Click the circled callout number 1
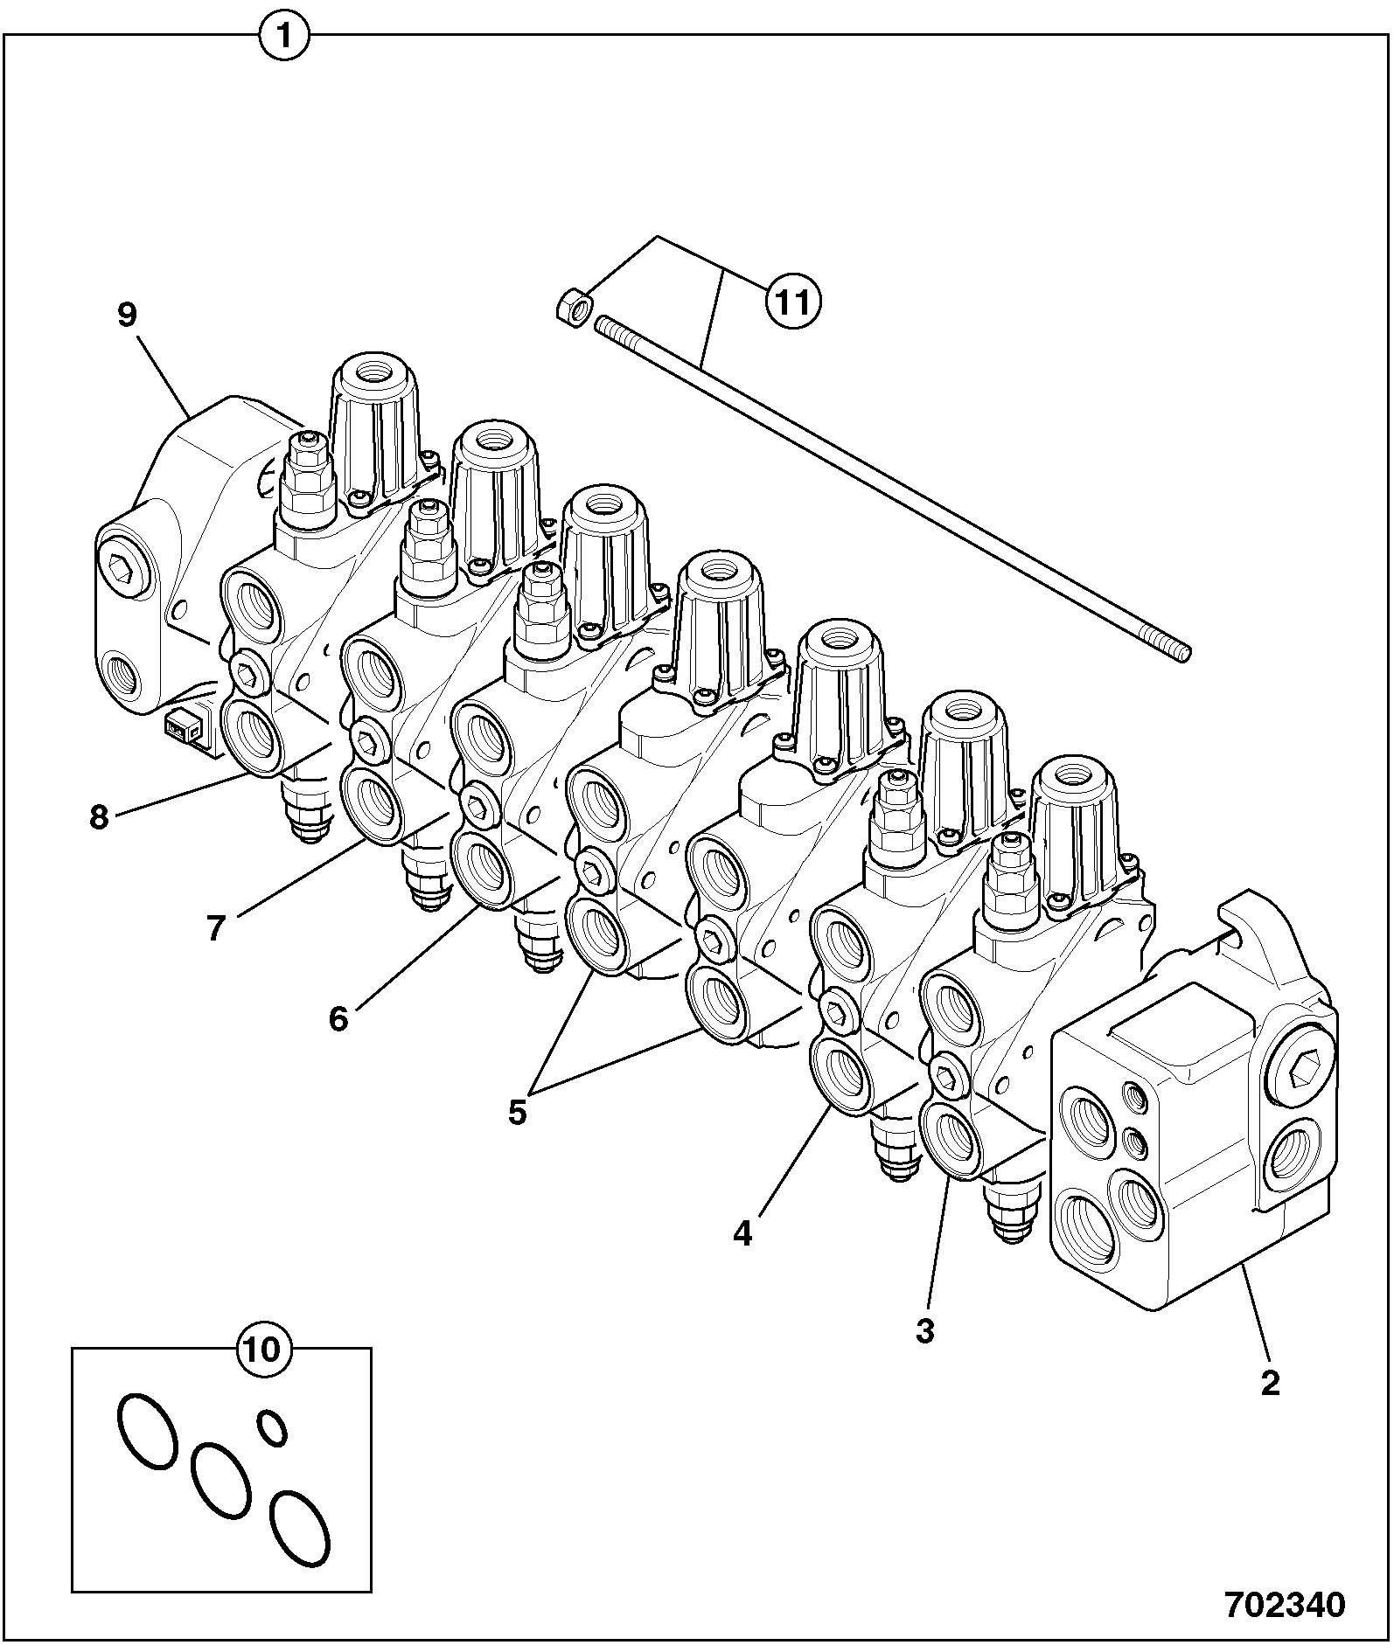point(283,38)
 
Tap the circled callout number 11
point(792,302)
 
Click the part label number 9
point(128,315)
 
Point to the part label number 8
point(99,817)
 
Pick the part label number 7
point(216,927)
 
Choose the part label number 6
point(338,1018)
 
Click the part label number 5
point(518,1112)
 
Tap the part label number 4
point(742,1233)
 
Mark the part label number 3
point(925,1331)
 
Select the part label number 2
point(1269,1383)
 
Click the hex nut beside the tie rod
point(573,309)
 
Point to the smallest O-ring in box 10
point(272,1427)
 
